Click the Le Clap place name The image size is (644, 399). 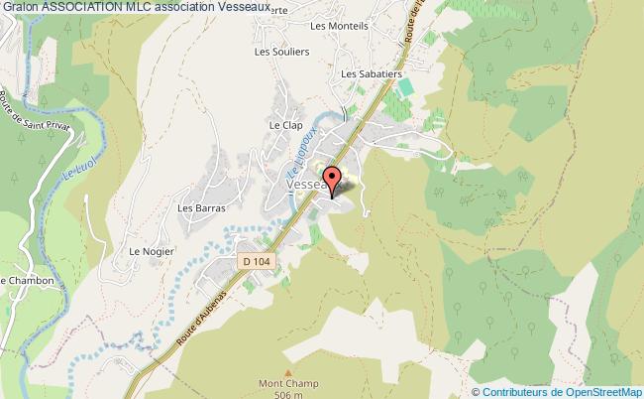click(284, 125)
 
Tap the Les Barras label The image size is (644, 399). click(201, 208)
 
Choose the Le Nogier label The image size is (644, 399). click(152, 252)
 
